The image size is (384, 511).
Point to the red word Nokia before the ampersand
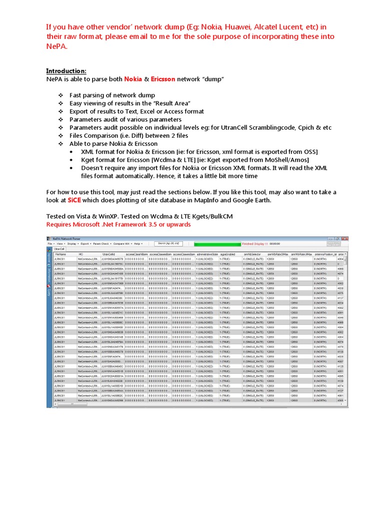coord(133,79)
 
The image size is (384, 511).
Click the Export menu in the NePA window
coord(85,244)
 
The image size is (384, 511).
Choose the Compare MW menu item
coord(121,244)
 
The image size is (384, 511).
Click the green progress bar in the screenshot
coord(217,244)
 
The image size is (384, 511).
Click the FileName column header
coord(60,254)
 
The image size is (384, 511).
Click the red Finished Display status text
coord(255,244)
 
